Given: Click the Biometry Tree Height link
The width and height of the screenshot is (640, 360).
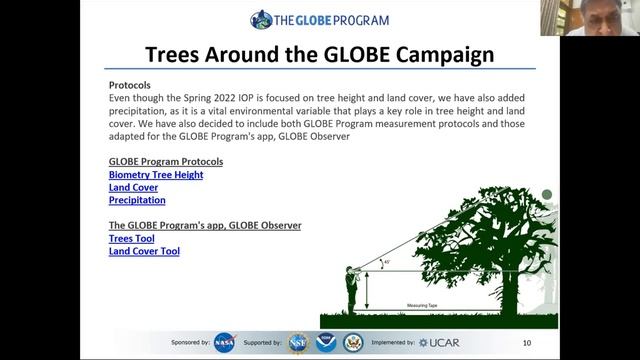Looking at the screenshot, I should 156,174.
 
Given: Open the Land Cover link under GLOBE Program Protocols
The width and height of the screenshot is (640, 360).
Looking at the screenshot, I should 133,187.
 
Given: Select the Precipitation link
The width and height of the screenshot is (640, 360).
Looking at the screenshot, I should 137,200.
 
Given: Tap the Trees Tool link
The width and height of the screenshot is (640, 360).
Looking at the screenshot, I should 131,239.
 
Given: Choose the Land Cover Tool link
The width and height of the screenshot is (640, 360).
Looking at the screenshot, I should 144,252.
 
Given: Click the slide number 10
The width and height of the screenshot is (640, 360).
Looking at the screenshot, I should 527,343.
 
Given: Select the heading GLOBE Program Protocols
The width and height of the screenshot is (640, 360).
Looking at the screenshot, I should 165,161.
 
